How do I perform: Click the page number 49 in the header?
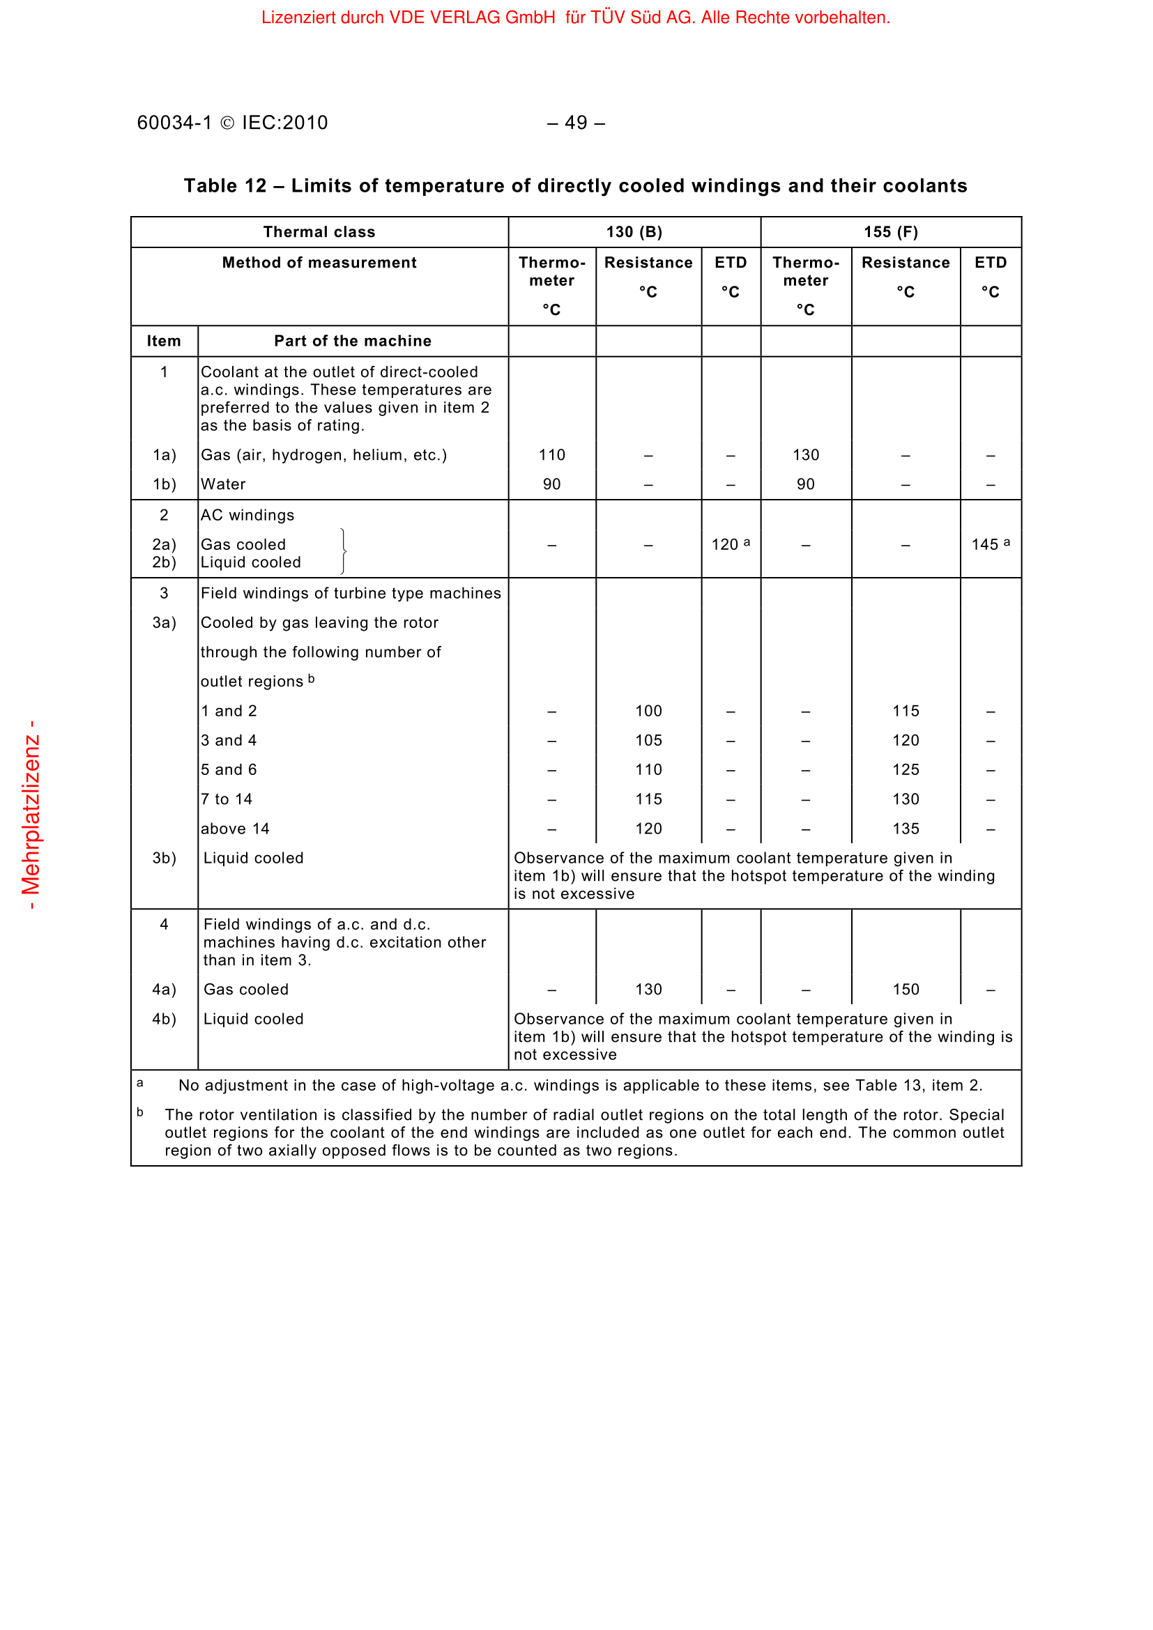pyautogui.click(x=576, y=123)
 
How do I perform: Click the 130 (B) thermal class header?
pyautogui.click(x=634, y=232)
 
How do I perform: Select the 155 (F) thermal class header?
pyautogui.click(x=890, y=232)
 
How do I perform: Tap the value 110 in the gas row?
pyautogui.click(x=551, y=455)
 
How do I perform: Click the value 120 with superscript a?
pyautogui.click(x=730, y=544)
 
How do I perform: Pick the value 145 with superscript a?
pyautogui.click(x=990, y=544)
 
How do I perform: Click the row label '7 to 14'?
pyautogui.click(x=227, y=799)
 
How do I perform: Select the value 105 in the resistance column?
pyautogui.click(x=648, y=741)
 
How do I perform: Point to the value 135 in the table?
pyautogui.click(x=906, y=829)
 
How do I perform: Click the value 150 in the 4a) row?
pyautogui.click(x=906, y=990)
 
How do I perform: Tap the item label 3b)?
pyautogui.click(x=164, y=859)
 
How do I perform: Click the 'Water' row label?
pyautogui.click(x=223, y=484)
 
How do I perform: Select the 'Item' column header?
pyautogui.click(x=164, y=341)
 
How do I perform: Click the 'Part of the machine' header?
pyautogui.click(x=353, y=341)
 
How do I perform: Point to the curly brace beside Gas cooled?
pyautogui.click(x=344, y=552)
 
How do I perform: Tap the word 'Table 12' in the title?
pyautogui.click(x=225, y=186)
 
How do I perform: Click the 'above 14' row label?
pyautogui.click(x=235, y=829)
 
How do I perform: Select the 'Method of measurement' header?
pyautogui.click(x=319, y=263)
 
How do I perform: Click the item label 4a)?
pyautogui.click(x=164, y=990)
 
